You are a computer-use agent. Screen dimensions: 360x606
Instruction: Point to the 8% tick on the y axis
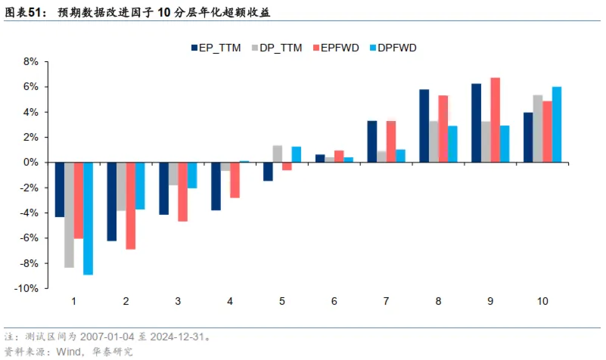click(31, 61)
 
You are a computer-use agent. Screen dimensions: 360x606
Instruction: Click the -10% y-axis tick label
click(28, 288)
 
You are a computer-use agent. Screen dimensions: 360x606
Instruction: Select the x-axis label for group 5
click(281, 301)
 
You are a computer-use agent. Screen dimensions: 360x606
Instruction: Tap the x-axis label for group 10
click(542, 301)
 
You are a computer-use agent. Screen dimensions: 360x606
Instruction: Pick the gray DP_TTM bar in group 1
click(69, 215)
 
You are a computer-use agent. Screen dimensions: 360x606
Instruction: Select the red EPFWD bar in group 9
click(496, 119)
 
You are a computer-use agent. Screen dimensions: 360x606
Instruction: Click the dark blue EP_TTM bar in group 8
click(424, 126)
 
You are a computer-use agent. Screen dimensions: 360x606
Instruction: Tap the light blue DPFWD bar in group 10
click(557, 124)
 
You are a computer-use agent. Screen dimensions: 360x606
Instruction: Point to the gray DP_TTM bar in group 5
click(278, 154)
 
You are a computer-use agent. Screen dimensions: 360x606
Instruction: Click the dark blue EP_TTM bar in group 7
click(372, 141)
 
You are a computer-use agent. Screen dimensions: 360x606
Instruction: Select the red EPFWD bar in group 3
click(182, 191)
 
